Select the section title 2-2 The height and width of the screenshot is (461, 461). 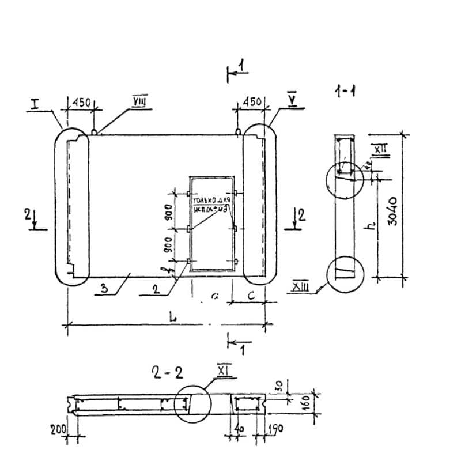coord(167,373)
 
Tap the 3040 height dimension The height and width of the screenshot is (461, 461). coord(393,211)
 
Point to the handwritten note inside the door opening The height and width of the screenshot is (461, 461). coord(211,205)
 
